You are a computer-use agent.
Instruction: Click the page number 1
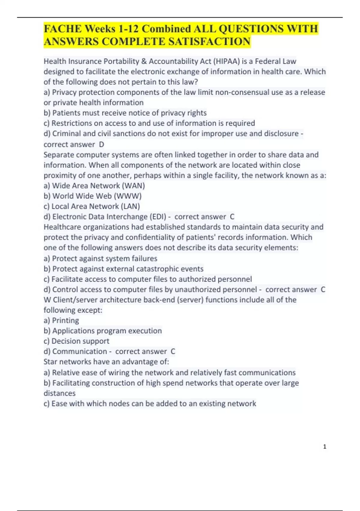pyautogui.click(x=325, y=447)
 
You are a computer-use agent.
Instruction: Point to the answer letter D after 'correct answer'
pyautogui.click(x=101, y=145)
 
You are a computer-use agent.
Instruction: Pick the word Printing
pyautogui.click(x=65, y=320)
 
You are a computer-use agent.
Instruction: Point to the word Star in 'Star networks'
pyautogui.click(x=50, y=362)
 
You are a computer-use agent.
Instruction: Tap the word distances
pyautogui.click(x=59, y=393)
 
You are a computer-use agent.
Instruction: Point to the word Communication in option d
pyautogui.click(x=79, y=351)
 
